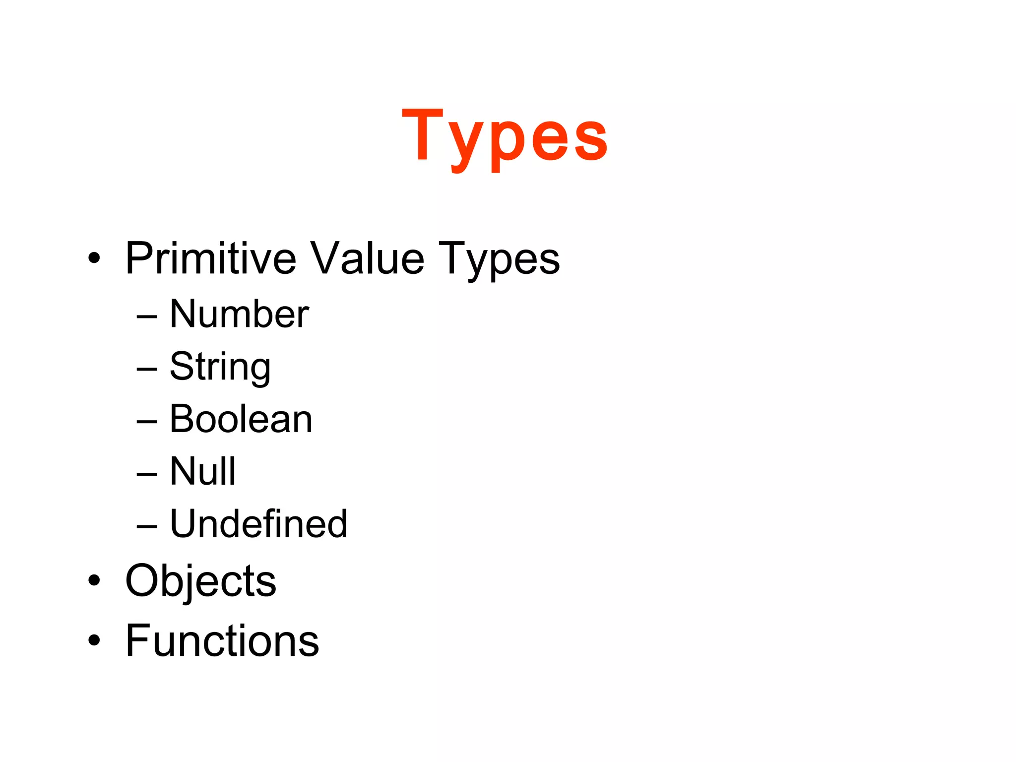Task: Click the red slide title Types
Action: click(x=505, y=136)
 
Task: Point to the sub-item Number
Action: click(x=239, y=314)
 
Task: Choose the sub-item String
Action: click(x=220, y=367)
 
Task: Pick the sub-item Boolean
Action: click(x=241, y=419)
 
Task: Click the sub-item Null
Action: click(x=203, y=471)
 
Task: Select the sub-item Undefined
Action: click(x=258, y=524)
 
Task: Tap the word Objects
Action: click(x=200, y=581)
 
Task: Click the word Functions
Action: click(x=222, y=641)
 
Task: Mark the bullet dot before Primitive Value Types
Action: click(x=94, y=258)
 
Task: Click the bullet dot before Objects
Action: click(x=94, y=580)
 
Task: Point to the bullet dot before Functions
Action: click(x=94, y=640)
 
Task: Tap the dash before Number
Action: click(x=147, y=316)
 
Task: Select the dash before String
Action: click(x=147, y=369)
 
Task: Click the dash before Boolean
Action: click(x=147, y=421)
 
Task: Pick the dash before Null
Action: click(x=147, y=474)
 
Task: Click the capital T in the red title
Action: click(x=422, y=134)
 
